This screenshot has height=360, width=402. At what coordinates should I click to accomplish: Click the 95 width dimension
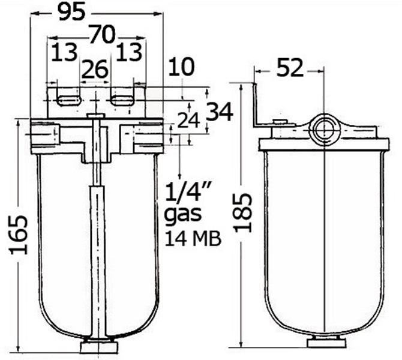(x=71, y=13)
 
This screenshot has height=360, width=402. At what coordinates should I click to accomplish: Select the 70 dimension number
(x=103, y=34)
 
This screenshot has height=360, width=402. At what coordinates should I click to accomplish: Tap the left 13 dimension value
(x=64, y=52)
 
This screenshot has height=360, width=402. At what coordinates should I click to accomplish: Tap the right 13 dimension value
(x=129, y=52)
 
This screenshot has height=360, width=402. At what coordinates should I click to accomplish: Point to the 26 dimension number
(x=95, y=69)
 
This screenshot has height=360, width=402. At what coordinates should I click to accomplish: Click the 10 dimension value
(x=182, y=67)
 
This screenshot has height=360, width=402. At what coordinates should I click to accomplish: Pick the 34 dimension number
(x=220, y=112)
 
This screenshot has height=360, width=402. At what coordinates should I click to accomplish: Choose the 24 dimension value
(x=189, y=121)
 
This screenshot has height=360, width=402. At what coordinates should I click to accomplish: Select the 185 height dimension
(x=244, y=213)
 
